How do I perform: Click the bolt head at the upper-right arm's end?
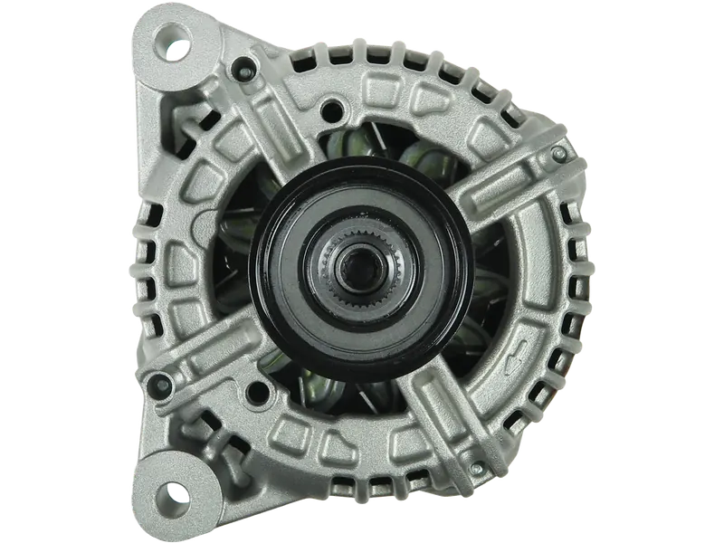coord(559,156)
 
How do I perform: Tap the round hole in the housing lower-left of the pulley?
coord(262,391)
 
